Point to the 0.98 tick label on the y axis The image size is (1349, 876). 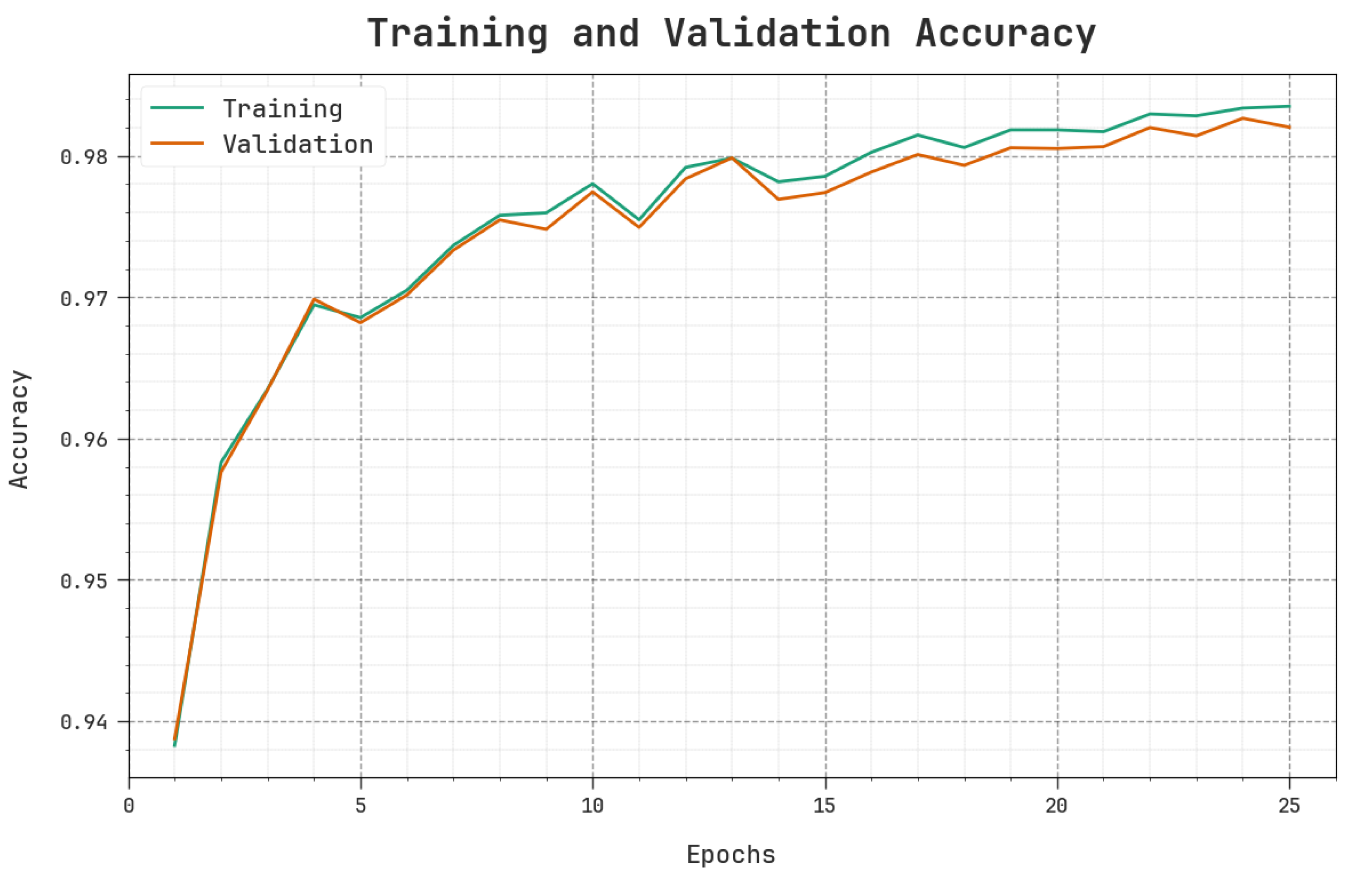point(83,157)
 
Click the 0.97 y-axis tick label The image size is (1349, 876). point(83,298)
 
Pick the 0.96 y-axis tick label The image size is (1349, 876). point(83,440)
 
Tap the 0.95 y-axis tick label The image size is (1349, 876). point(83,581)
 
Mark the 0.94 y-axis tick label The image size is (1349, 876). point(83,722)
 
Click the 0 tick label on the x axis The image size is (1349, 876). point(129,806)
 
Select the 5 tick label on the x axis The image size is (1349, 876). point(361,806)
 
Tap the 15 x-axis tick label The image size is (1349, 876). point(825,806)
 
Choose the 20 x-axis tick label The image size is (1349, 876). point(1057,806)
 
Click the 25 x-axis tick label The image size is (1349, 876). point(1289,806)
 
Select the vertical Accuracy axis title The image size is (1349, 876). point(20,429)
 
